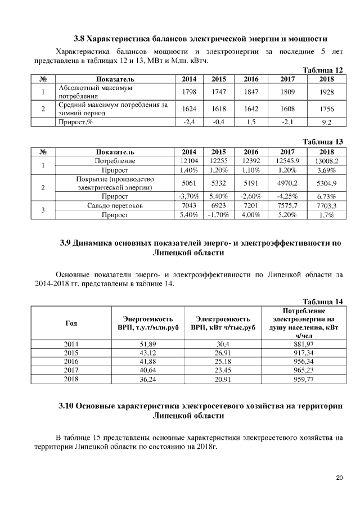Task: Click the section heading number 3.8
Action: (80, 40)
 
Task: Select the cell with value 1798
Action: (189, 91)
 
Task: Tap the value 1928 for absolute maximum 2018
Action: (326, 91)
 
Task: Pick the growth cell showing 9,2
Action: (326, 122)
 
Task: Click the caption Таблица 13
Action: (323, 142)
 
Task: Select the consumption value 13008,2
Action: (326, 161)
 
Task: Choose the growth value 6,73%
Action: (326, 196)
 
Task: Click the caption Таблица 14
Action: (323, 302)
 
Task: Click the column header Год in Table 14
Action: (71, 323)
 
